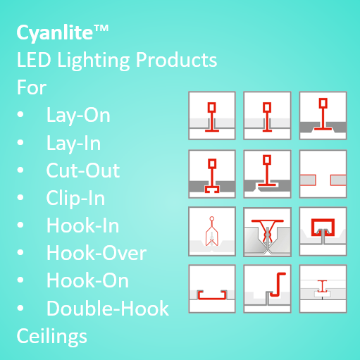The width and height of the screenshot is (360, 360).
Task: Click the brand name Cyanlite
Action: click(55, 33)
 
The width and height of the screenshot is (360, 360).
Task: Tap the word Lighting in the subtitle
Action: click(94, 61)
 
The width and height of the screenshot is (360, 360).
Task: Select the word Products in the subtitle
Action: click(177, 60)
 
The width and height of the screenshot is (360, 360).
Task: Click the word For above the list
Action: click(32, 87)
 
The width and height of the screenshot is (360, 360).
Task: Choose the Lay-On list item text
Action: click(78, 116)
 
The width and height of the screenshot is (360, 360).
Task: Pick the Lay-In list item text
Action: click(73, 143)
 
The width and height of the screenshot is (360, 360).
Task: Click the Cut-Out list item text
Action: click(83, 170)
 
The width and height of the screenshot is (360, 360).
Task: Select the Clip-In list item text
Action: click(75, 199)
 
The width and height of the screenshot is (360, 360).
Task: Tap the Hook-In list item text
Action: click(82, 225)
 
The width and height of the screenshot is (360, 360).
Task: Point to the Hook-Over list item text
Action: click(97, 253)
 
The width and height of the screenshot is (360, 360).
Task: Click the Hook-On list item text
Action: click(87, 280)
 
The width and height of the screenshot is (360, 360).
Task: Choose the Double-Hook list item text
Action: click(108, 308)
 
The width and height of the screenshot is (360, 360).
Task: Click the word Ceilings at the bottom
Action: click(51, 337)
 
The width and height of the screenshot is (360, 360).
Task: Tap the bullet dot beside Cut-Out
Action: click(20, 170)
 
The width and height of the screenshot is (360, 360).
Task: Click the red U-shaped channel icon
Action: click(212, 295)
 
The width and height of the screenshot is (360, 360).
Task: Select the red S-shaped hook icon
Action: click(278, 285)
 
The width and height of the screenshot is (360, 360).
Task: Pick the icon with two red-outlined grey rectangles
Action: click(323, 174)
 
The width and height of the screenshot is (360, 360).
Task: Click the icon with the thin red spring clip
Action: click(212, 231)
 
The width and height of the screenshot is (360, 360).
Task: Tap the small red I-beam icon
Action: click(322, 286)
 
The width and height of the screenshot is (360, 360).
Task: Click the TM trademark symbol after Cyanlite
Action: click(101, 28)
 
